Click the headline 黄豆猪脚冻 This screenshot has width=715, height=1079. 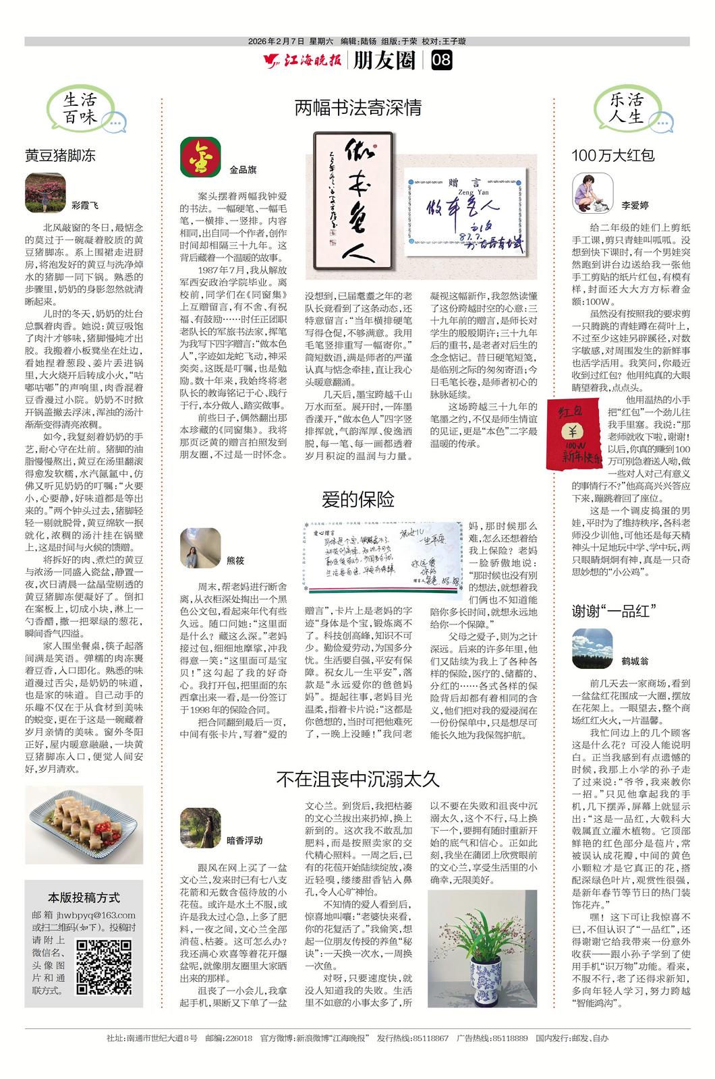pyautogui.click(x=60, y=155)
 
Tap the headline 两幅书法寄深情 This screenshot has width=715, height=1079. pyautogui.click(x=357, y=107)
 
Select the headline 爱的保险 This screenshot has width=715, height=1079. pyautogui.click(x=357, y=500)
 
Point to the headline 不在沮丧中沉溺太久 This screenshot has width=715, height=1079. pyautogui.click(x=357, y=780)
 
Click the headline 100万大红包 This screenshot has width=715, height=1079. pyautogui.click(x=613, y=155)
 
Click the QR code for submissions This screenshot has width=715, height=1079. pyautogui.click(x=104, y=968)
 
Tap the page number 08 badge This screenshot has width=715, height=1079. pyautogui.click(x=441, y=61)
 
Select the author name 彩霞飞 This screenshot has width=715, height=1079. pyautogui.click(x=84, y=205)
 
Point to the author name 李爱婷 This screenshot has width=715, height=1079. pyautogui.click(x=635, y=205)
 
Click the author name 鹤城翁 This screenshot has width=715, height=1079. pyautogui.click(x=635, y=661)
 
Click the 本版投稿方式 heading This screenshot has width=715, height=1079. pyautogui.click(x=84, y=898)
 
